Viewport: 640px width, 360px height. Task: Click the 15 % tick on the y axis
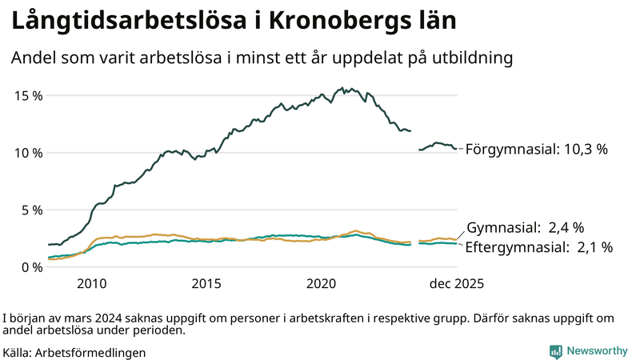coord(28,95)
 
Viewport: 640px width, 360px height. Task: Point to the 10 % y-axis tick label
coord(28,153)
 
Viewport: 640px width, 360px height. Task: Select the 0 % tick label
coord(31,267)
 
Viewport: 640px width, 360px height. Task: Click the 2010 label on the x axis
coord(91,284)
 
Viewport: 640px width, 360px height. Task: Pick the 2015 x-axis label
coord(206,284)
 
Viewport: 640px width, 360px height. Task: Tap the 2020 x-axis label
coord(322,284)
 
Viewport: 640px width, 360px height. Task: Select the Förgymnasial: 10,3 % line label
coord(537,149)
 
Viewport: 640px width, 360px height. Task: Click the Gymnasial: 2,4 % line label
coord(525,227)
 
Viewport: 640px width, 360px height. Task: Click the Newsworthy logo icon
coord(555,351)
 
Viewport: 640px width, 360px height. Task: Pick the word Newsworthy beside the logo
coord(597,351)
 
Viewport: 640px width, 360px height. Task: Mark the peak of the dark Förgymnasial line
coord(342,88)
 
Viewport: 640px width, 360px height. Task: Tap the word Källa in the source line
coord(18,352)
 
